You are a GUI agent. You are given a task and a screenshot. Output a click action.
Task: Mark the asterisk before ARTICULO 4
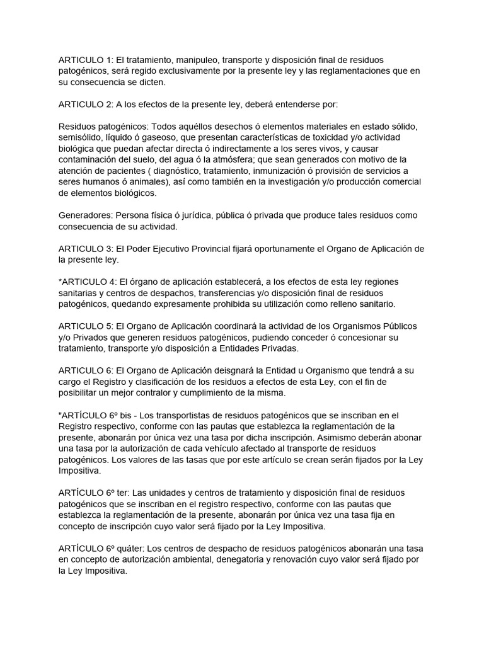tap(60, 281)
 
